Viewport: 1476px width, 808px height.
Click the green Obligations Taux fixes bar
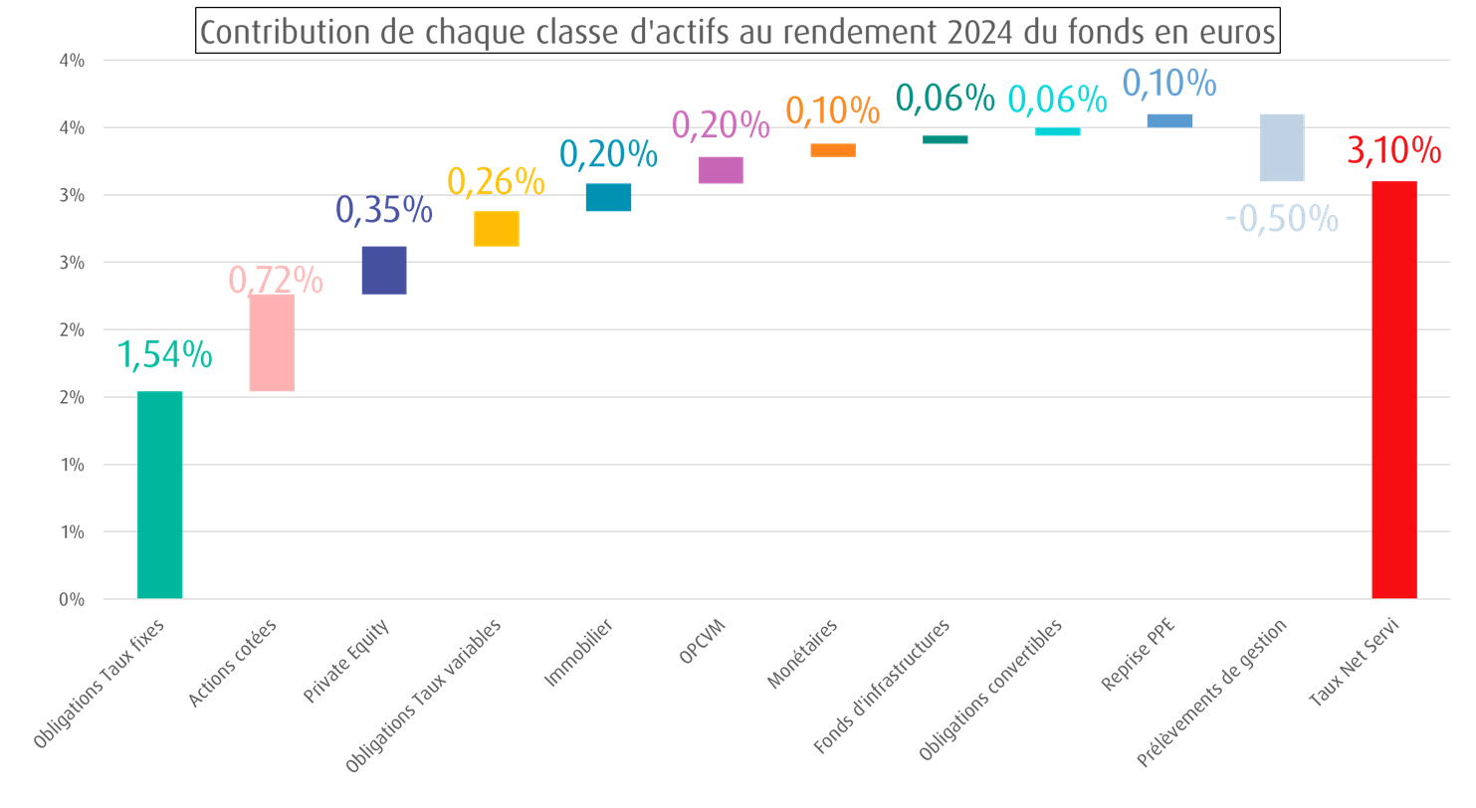pos(159,495)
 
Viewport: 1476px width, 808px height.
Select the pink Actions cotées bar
pos(272,341)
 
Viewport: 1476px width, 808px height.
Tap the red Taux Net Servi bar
pos(1393,389)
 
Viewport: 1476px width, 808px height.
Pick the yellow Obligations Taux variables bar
pos(496,229)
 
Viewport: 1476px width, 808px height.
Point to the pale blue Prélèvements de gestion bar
pos(1281,147)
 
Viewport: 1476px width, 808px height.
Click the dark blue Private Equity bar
pos(383,270)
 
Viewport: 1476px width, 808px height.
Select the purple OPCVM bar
pos(721,170)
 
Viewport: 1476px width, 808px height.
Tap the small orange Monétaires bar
pos(833,150)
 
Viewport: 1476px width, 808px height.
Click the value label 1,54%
pos(165,354)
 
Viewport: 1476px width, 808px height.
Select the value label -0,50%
pos(1282,218)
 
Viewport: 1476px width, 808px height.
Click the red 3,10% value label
pos(1393,151)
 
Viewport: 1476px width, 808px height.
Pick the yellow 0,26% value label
pos(496,181)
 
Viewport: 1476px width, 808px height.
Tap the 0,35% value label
pos(383,209)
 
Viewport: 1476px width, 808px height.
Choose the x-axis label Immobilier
pos(579,654)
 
